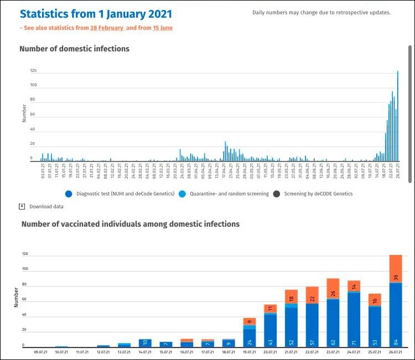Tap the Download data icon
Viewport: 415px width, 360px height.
coord(22,206)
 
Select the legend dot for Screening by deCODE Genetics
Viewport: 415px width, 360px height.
coord(275,194)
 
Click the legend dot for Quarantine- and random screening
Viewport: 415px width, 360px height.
coord(180,194)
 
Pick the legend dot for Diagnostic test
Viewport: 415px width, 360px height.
coord(69,194)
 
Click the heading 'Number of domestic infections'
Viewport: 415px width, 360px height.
coord(74,49)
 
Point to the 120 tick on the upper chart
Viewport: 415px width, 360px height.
coord(33,71)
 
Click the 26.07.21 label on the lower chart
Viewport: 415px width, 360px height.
coord(395,352)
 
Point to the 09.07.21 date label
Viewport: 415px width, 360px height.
coord(40,352)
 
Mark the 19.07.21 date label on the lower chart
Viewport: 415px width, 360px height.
coord(249,352)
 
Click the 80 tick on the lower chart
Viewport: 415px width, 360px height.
coord(24,284)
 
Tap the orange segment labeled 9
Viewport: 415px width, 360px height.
coord(249,321)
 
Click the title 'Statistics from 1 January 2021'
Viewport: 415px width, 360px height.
coord(96,13)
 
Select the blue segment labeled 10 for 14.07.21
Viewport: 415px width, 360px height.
coord(145,343)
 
